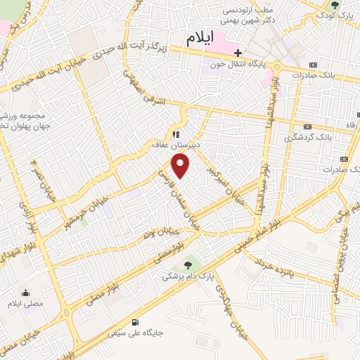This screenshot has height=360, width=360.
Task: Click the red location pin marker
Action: [181, 166]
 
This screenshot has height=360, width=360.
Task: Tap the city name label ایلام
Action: [202, 39]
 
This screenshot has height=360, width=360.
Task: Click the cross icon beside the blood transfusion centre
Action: [238, 53]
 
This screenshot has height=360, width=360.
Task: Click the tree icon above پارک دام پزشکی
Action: [188, 264]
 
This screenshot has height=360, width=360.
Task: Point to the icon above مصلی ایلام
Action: [27, 292]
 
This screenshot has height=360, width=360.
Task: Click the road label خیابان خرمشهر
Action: [81, 204]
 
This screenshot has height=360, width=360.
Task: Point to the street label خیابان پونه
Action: [159, 233]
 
